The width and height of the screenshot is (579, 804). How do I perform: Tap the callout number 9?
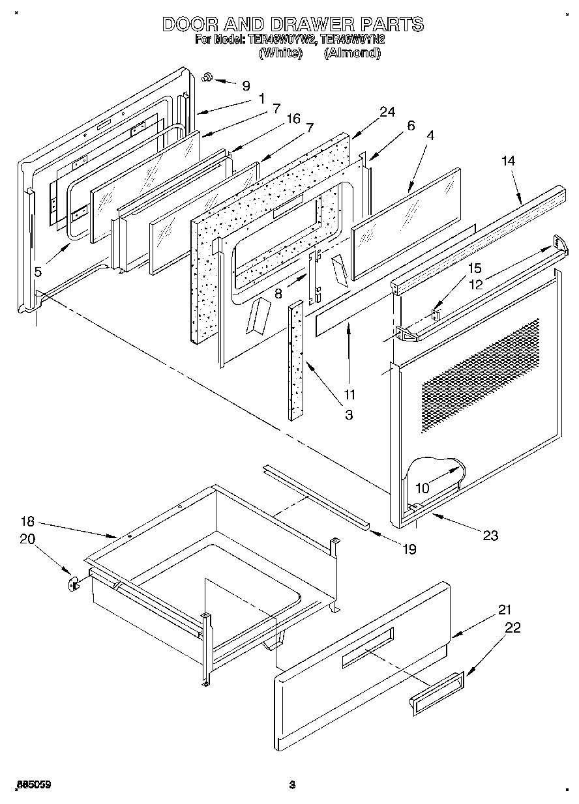click(245, 85)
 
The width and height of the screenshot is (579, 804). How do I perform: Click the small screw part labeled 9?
click(207, 78)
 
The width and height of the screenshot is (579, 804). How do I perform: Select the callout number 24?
click(387, 112)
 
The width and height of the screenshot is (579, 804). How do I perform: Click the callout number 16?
click(293, 118)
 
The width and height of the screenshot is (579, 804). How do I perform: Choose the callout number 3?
click(349, 414)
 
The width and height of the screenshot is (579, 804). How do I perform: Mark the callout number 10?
click(423, 487)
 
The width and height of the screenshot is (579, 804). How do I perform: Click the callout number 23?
click(490, 535)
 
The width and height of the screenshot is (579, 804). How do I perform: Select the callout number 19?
click(408, 549)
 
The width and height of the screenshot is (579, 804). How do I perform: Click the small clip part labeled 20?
click(72, 581)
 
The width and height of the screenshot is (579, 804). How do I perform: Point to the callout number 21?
click(505, 610)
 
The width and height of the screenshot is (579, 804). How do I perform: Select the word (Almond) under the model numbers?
click(352, 53)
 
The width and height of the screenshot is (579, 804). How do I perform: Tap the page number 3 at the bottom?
click(292, 785)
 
